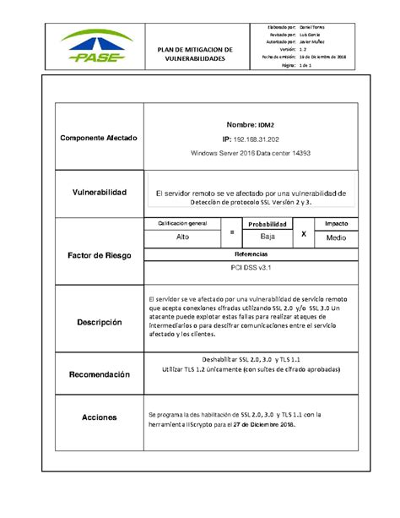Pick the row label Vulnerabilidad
pyautogui.click(x=98, y=193)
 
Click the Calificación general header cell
pyautogui.click(x=182, y=223)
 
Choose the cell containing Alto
pyautogui.click(x=182, y=237)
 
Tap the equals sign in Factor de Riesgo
pyautogui.click(x=231, y=231)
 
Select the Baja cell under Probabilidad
pyautogui.click(x=268, y=237)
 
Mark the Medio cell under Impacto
pyautogui.click(x=336, y=238)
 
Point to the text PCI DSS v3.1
pyautogui.click(x=251, y=267)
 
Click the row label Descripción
pyautogui.click(x=99, y=322)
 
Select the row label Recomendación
pyautogui.click(x=99, y=374)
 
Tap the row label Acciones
pyautogui.click(x=98, y=418)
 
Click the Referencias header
pyautogui.click(x=251, y=254)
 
